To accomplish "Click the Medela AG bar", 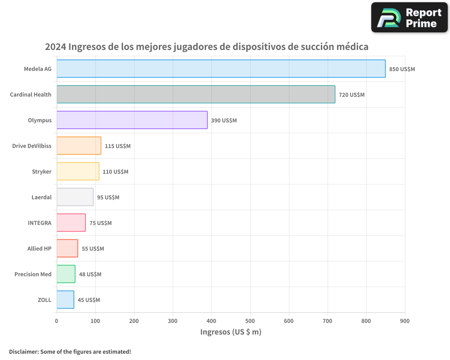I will point(220,69).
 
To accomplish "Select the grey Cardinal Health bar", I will point(196,94).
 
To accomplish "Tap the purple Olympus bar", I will point(132,120).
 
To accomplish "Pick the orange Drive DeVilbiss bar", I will point(79,146).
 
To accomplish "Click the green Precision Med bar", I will point(66,274).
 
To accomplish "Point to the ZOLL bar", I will point(65,300).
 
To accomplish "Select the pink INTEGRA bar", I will point(71,223).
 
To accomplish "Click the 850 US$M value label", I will point(402,69).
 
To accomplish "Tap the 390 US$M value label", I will point(224,121).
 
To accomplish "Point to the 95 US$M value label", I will point(108,198).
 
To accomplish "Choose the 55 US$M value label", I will point(93,249).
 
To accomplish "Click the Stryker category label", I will point(41,172).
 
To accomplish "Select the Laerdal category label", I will point(41,198).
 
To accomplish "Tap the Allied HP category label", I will point(39,249).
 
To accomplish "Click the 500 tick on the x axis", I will point(250,321).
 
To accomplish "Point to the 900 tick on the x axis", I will point(405,321).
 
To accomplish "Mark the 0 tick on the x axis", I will point(57,321).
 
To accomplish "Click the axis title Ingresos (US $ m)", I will point(230,332).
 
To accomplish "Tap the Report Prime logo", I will point(409,18).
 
